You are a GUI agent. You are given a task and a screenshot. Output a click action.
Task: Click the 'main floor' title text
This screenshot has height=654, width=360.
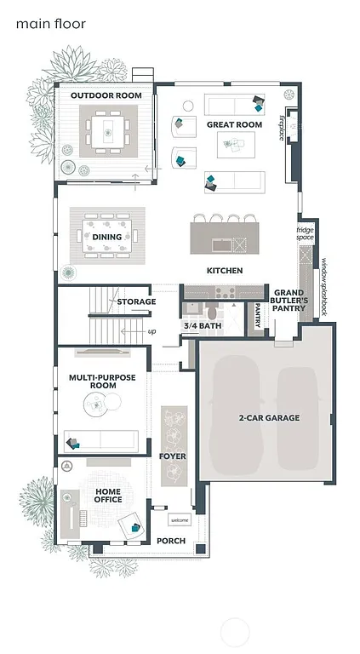click(50, 24)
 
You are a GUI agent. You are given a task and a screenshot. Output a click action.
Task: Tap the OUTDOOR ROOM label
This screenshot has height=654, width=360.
click(106, 95)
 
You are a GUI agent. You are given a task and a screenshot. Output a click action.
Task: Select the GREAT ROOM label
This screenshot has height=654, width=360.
click(234, 124)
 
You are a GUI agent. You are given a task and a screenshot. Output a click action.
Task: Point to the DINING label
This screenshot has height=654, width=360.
click(106, 238)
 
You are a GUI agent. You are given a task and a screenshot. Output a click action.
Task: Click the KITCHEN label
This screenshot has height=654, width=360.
click(225, 271)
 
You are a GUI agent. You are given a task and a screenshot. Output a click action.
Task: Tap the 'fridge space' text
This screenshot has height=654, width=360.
click(305, 233)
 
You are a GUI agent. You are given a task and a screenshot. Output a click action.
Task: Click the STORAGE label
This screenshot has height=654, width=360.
click(136, 301)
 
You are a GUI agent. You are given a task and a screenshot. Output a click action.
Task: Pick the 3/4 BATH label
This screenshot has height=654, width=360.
click(200, 326)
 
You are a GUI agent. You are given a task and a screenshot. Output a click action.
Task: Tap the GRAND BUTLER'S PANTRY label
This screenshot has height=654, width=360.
click(288, 302)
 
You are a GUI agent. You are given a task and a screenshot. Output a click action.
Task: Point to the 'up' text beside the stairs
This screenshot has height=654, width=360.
click(151, 331)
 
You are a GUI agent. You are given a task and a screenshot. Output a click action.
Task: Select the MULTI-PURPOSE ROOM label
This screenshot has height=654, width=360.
click(92, 381)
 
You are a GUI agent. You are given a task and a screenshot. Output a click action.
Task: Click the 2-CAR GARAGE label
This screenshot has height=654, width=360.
click(268, 418)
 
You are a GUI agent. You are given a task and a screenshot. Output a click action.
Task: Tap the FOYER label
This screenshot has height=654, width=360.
click(172, 456)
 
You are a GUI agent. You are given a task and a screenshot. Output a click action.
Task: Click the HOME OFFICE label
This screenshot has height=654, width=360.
click(107, 495)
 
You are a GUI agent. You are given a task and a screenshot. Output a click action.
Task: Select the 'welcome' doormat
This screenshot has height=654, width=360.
click(180, 520)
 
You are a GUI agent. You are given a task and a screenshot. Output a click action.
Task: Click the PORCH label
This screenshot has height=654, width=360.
click(172, 541)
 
